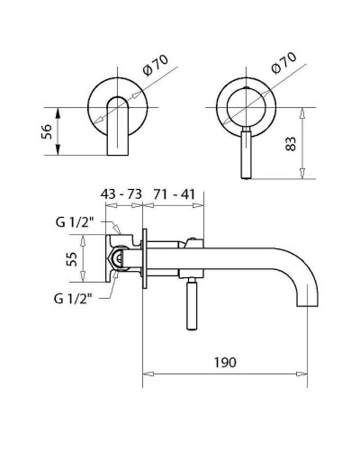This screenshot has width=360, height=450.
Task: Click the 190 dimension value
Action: coord(225,362)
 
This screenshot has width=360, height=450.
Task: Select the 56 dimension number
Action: coord(47,131)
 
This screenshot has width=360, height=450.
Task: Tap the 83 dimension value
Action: coord(291,144)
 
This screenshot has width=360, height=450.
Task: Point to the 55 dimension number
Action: coord(72,259)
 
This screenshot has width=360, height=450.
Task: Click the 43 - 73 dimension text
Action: coord(121,194)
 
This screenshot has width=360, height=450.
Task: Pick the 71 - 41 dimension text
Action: coord(175,194)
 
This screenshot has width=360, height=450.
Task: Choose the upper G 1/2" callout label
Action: coord(75,222)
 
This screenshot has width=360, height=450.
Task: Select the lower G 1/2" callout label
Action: coord(73,299)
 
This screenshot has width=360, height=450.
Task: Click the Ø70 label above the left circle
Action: coord(156,65)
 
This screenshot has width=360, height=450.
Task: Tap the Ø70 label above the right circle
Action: coord(283,63)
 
